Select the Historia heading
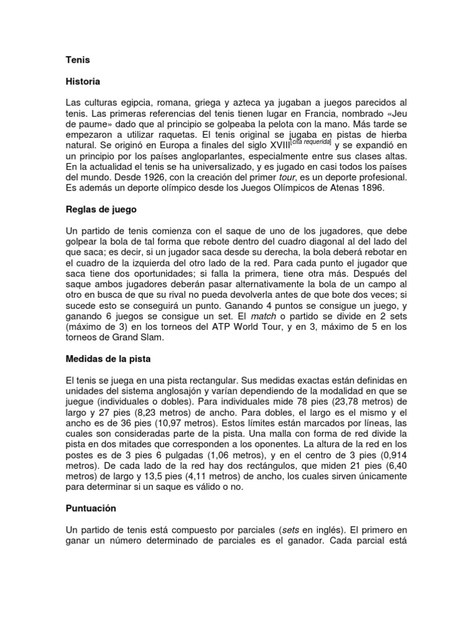click(83, 81)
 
